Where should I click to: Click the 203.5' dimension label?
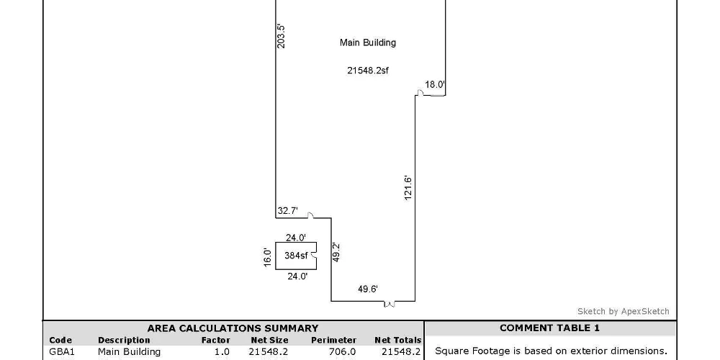[x=282, y=36]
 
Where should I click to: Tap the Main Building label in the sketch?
[x=368, y=42]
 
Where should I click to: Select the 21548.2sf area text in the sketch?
[x=368, y=71]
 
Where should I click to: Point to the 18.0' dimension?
[x=435, y=84]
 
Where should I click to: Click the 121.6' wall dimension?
[x=408, y=188]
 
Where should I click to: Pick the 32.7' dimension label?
[x=287, y=211]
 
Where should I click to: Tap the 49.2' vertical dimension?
[x=336, y=253]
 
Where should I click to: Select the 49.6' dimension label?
[x=368, y=289]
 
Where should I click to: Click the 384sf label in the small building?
[x=296, y=256]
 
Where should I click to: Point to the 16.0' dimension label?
[x=268, y=258]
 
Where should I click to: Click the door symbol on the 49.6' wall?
[x=390, y=304]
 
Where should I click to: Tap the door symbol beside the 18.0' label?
[x=420, y=93]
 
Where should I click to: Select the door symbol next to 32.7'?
[x=311, y=215]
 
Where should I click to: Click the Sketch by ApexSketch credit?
[x=623, y=311]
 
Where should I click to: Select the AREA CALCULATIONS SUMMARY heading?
[x=233, y=328]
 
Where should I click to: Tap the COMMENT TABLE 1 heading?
[x=549, y=328]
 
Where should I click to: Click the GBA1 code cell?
[x=61, y=352]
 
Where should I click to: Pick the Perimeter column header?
[x=333, y=341]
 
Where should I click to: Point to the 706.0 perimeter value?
[x=343, y=352]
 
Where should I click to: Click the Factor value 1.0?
[x=222, y=352]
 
